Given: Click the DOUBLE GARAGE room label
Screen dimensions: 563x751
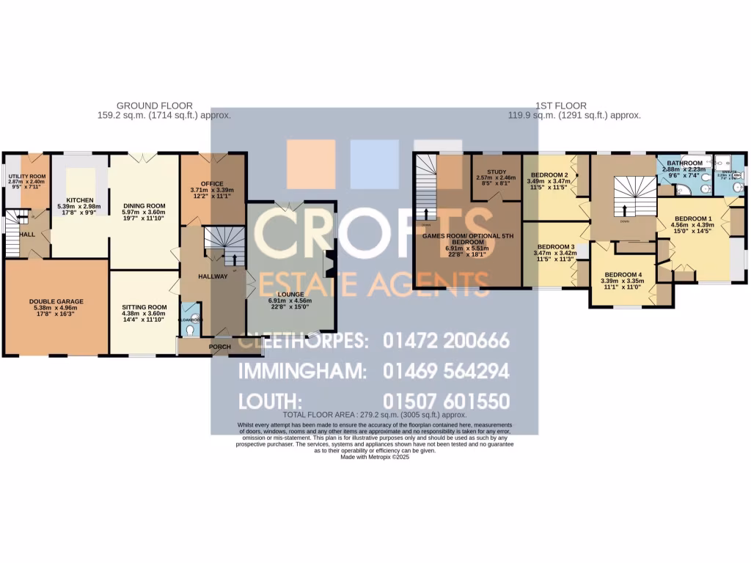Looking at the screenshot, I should pyautogui.click(x=56, y=301).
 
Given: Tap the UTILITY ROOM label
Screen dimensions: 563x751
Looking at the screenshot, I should pyautogui.click(x=26, y=177).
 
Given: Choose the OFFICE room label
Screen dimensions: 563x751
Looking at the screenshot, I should pyautogui.click(x=211, y=183).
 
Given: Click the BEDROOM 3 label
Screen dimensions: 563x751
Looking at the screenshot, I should pyautogui.click(x=555, y=246).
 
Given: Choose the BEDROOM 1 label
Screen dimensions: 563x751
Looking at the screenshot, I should pyautogui.click(x=692, y=218).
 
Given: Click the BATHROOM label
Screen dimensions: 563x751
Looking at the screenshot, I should pyautogui.click(x=684, y=163).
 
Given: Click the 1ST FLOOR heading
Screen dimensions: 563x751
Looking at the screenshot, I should pyautogui.click(x=574, y=106).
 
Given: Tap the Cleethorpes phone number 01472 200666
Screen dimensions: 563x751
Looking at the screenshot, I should pyautogui.click(x=446, y=341).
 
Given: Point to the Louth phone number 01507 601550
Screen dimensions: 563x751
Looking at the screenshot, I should pyautogui.click(x=446, y=402).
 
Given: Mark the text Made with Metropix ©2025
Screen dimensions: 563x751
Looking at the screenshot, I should pyautogui.click(x=374, y=457).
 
